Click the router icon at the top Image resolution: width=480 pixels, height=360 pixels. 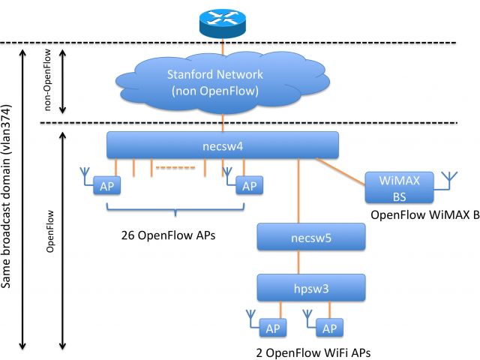pyautogui.click(x=222, y=22)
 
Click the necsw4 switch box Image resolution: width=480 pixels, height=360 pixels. pyautogui.click(x=223, y=145)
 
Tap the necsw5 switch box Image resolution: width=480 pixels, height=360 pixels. pyautogui.click(x=311, y=238)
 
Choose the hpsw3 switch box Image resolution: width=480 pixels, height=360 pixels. pyautogui.click(x=311, y=287)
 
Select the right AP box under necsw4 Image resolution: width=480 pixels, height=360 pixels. pyautogui.click(x=248, y=185)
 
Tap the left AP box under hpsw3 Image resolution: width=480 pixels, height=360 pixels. pyautogui.click(x=273, y=328)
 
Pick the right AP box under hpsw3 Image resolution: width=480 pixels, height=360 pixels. pyautogui.click(x=328, y=328)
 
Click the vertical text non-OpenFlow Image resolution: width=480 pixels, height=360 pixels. pyautogui.click(x=49, y=82)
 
